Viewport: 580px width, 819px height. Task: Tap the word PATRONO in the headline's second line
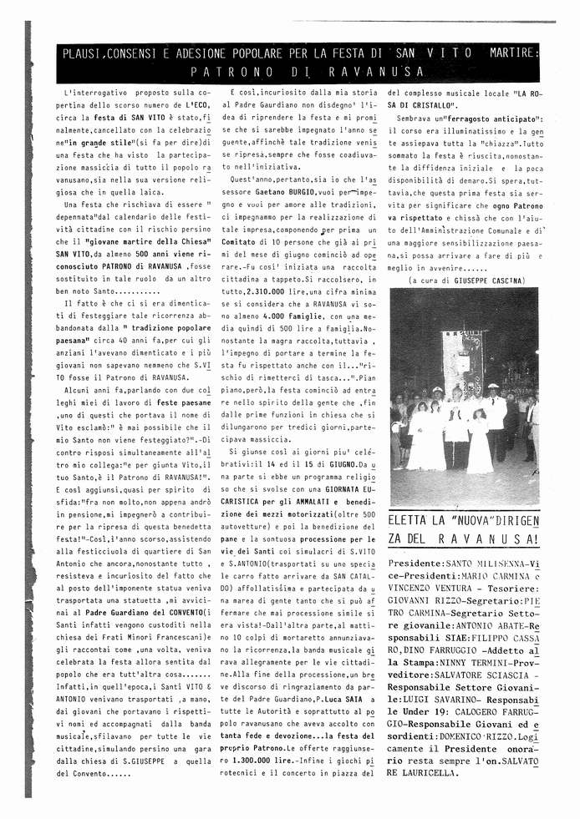pyautogui.click(x=229, y=73)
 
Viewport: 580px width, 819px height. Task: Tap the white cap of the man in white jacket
pyautogui.click(x=493, y=387)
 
